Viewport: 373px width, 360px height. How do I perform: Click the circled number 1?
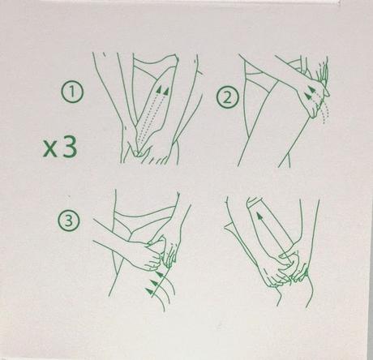pos(71,92)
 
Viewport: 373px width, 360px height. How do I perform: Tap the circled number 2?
pos(227,97)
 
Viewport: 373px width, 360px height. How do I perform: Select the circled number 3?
pos(69,221)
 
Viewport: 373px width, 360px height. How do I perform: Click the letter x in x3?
pos(50,149)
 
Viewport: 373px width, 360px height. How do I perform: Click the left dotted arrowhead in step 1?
pos(160,89)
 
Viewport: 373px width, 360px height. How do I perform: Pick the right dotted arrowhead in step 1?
pos(166,91)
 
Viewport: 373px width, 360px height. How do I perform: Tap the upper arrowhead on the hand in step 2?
pos(311,89)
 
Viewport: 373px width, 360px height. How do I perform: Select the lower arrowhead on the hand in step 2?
pos(307,95)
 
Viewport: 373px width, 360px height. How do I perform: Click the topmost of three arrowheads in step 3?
pos(161,275)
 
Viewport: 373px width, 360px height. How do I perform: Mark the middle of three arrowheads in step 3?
pos(154,283)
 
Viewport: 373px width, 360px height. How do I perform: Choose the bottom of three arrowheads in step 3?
pos(149,291)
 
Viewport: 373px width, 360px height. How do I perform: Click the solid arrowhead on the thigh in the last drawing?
pos(259,216)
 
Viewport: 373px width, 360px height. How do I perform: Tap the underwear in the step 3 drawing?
pos(144,216)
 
